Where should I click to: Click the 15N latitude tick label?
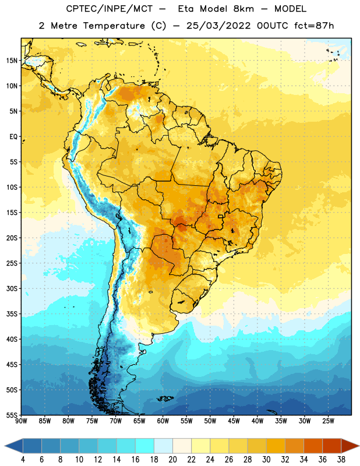pyautogui.click(x=12, y=61)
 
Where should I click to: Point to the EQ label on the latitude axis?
pyautogui.click(x=13, y=137)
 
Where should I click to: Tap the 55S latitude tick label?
pyautogui.click(x=12, y=415)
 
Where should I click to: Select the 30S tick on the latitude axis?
pyautogui.click(x=12, y=288)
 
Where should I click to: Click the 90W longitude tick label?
pyautogui.click(x=21, y=421)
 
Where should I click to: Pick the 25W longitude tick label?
pyautogui.click(x=328, y=421)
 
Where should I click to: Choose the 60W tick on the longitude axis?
pyautogui.click(x=163, y=421)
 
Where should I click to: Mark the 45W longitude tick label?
pyautogui.click(x=234, y=421)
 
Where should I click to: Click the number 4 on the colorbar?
pyautogui.click(x=23, y=460)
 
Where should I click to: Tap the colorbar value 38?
pyautogui.click(x=341, y=460)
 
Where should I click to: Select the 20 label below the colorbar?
pyautogui.click(x=172, y=460)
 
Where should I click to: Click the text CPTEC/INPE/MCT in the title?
pyautogui.click(x=109, y=9)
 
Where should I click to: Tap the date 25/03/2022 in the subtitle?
pyautogui.click(x=218, y=26)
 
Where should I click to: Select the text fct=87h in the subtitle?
pyautogui.click(x=314, y=26)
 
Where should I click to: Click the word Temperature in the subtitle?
pyautogui.click(x=114, y=26)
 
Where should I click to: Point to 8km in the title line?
pyautogui.click(x=243, y=9)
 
